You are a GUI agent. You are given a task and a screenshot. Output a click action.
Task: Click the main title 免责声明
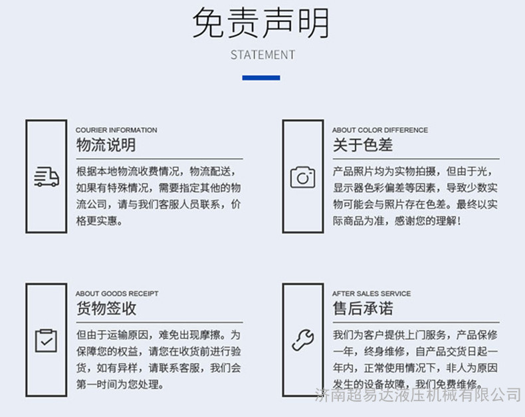click(261, 23)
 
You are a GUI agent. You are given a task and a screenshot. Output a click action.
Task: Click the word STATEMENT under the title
click(262, 55)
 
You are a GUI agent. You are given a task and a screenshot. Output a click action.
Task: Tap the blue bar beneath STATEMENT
click(261, 78)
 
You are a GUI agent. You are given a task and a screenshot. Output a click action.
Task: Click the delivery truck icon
click(47, 177)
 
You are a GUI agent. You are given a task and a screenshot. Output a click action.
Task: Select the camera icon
click(302, 177)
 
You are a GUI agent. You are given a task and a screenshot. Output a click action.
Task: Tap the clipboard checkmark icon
click(46, 341)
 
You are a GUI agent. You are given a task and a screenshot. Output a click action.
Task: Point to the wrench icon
click(302, 341)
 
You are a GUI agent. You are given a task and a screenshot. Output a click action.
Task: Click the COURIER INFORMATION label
click(116, 130)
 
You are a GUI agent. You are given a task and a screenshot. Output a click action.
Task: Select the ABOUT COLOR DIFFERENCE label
click(380, 130)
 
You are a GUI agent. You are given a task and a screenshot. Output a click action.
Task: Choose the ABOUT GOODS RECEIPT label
click(117, 294)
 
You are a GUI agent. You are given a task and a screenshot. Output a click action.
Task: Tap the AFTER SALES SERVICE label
click(371, 294)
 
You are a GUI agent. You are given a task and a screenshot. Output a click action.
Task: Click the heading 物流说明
click(106, 145)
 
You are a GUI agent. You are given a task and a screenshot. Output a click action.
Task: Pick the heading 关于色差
click(363, 145)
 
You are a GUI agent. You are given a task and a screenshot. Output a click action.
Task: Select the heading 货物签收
click(106, 309)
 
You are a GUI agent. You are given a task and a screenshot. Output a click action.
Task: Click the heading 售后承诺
click(363, 309)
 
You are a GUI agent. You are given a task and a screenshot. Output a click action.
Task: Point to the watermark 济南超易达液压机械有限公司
click(418, 395)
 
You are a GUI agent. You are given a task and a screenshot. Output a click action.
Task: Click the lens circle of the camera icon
click(302, 178)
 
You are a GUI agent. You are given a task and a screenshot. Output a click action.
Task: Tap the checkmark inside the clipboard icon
click(47, 342)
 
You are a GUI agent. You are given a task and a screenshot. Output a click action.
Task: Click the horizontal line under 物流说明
click(159, 159)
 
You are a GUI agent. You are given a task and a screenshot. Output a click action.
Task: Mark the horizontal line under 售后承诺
click(416, 323)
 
